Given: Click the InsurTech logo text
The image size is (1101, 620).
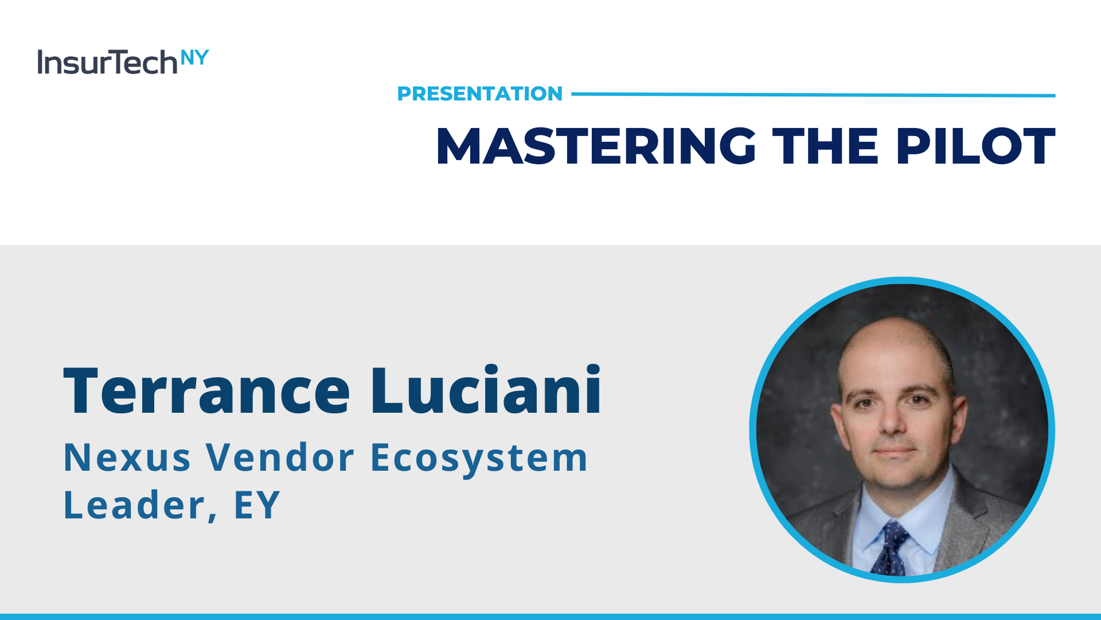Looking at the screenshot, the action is point(107,62).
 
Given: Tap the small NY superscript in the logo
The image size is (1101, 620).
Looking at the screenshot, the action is point(194,58).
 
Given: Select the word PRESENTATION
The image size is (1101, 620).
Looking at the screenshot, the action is point(480,94).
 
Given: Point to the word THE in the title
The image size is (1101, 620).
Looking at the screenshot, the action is point(826,146).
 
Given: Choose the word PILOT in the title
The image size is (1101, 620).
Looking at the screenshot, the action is point(975,146).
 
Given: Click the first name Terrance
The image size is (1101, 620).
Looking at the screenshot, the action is point(206,390).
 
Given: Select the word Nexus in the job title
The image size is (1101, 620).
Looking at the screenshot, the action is point(127,458).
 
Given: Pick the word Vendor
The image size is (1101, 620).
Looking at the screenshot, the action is point(280,458).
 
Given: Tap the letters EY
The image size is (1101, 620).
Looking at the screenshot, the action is point(257,505).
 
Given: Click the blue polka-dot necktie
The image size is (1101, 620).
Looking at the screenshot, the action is point(890,548).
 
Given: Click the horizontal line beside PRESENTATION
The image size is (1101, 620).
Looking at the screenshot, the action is point(813,95).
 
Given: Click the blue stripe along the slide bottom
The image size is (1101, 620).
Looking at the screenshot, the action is point(550,617).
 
